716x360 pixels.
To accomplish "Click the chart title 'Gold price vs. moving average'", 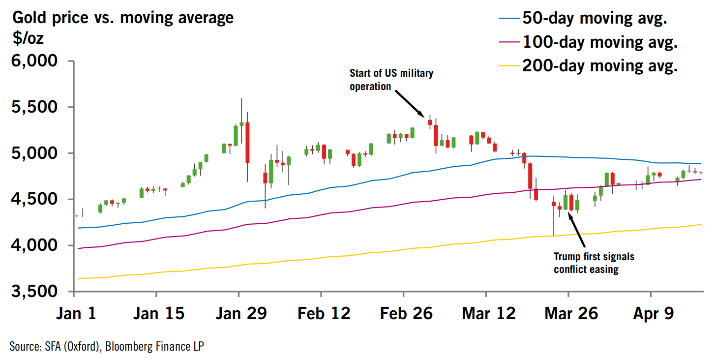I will coord(123,18).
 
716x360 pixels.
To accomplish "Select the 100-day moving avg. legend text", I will coord(600,42).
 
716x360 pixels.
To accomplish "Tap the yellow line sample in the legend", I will coord(509,65).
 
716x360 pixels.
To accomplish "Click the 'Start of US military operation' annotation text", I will coord(391,80).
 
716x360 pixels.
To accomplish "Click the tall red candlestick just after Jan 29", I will coord(247,142).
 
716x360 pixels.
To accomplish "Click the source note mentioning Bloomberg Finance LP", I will coord(106,347).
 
